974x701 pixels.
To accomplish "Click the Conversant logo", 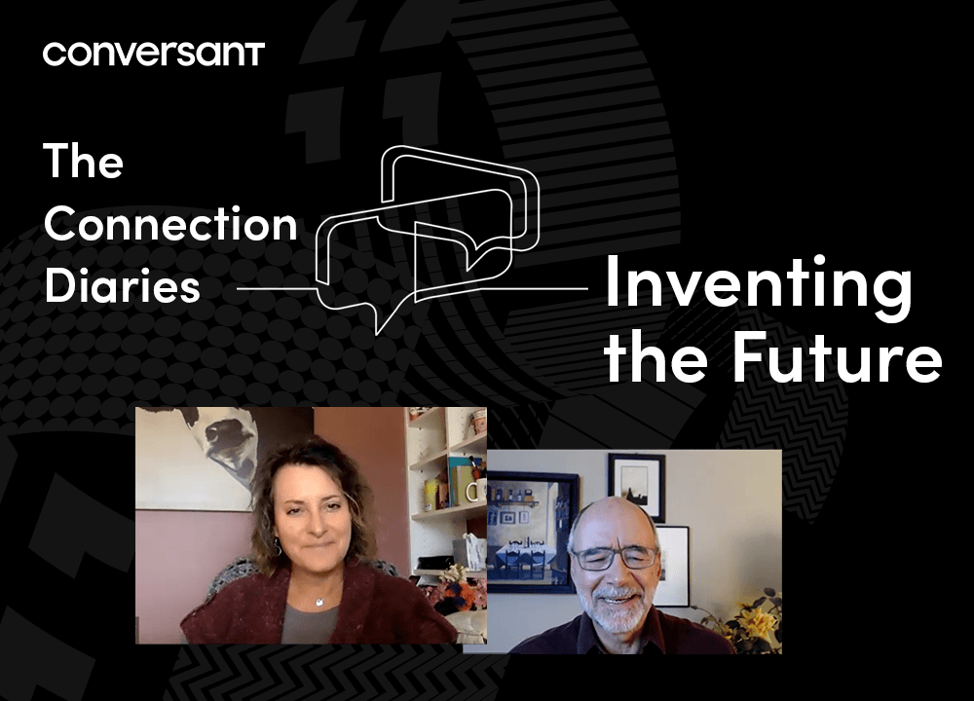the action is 154,54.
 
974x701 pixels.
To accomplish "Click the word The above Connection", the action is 83,161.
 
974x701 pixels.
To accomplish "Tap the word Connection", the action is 170,224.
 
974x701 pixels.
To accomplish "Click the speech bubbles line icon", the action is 428,240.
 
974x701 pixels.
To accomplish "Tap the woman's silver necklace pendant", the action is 319,602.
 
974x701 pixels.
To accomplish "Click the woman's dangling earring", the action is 277,546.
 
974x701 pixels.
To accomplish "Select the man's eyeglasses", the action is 615,557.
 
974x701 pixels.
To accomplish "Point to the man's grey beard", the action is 612,606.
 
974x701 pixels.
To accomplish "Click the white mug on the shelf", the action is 476,491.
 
